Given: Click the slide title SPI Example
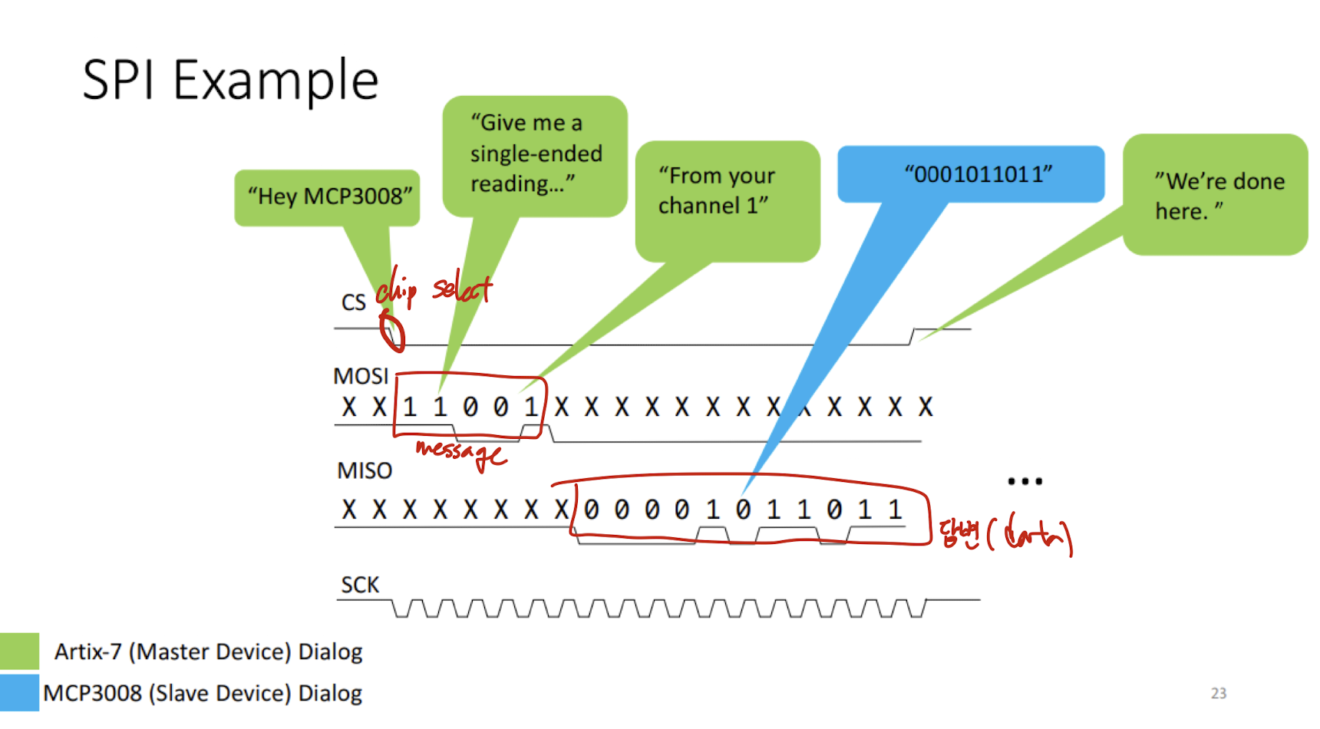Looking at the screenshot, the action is coord(230,81).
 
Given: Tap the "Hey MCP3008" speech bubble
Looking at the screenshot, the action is coord(327,198).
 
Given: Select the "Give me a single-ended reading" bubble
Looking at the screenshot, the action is coord(535,157).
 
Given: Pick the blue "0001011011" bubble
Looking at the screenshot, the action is coord(971,174).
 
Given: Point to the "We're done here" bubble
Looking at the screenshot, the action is coord(1216,195).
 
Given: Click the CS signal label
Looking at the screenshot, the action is coord(354,302).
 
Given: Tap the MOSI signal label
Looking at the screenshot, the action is coord(361,376).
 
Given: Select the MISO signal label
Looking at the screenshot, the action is coord(365,470).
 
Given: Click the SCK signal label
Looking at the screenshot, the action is coord(360,585).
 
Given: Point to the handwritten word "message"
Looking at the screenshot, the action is coord(460,453).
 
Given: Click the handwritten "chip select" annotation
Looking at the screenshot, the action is coord(434,289).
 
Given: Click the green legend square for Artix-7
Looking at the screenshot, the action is coord(19,651).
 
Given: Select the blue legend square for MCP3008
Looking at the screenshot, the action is coord(19,693).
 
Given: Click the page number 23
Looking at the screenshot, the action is coord(1219,693).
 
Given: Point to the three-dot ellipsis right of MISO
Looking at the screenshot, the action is coord(1025,482).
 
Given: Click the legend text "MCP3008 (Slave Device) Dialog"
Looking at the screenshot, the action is coord(203,693).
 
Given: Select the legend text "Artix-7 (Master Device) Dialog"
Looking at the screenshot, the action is coord(208,651).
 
